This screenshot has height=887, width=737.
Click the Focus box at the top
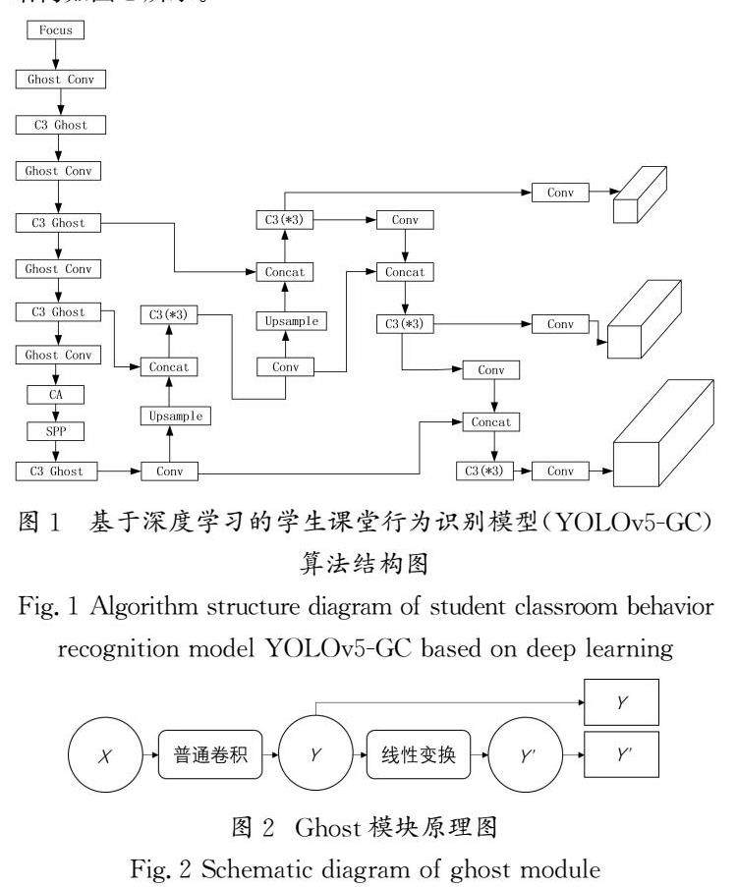click(x=56, y=31)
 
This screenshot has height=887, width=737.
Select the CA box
click(x=56, y=395)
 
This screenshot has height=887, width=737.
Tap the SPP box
click(x=56, y=432)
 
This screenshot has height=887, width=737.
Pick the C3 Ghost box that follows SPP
click(x=56, y=471)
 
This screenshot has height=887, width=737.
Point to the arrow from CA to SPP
click(x=56, y=414)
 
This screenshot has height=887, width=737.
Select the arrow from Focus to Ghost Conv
click(x=56, y=55)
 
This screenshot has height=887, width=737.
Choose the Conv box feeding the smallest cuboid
click(x=560, y=194)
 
